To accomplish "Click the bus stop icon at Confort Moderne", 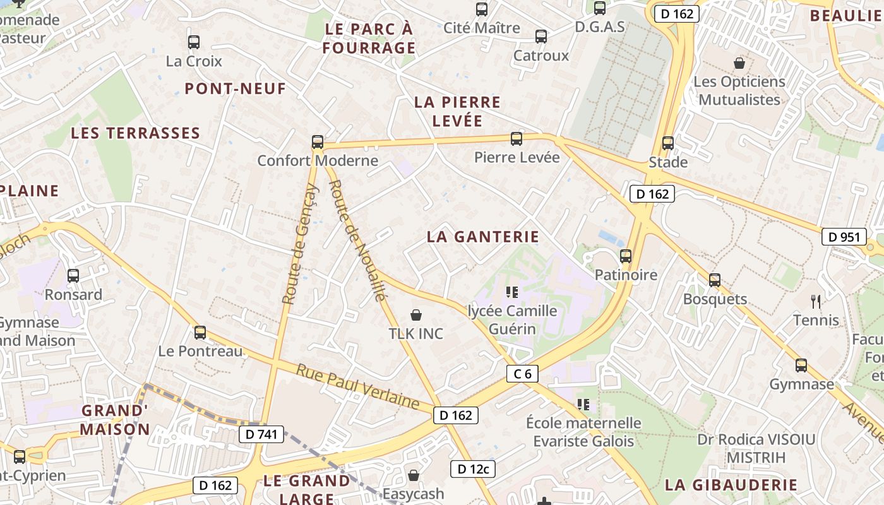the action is [x=318, y=142].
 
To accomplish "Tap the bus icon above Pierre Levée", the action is [x=517, y=139].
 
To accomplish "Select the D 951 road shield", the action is [x=844, y=237].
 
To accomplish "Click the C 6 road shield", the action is [x=522, y=374].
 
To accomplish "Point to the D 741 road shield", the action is [x=261, y=434].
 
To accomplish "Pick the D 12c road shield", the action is [x=472, y=469].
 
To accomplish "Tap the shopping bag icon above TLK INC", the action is [x=416, y=315].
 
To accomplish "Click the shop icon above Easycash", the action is [x=414, y=475].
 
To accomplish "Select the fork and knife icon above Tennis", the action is [x=816, y=302].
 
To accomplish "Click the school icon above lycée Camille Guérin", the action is [x=512, y=292].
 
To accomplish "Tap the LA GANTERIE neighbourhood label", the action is [x=483, y=237].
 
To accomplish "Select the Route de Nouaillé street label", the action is [x=357, y=241].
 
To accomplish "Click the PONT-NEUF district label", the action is [x=236, y=89].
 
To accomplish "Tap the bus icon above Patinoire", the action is [x=626, y=256].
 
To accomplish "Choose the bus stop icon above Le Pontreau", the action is [x=200, y=333].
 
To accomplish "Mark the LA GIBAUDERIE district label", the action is [x=731, y=485].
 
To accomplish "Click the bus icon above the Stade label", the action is [x=668, y=143].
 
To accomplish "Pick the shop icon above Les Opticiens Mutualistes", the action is [x=739, y=63].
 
